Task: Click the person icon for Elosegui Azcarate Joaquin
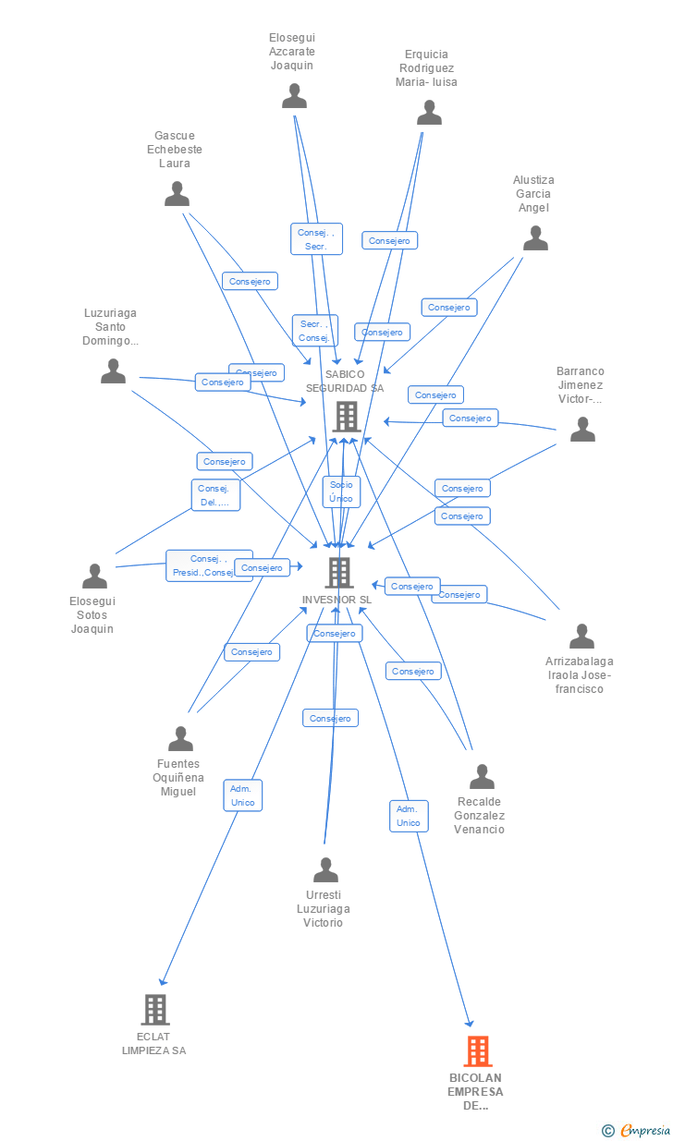pos(294,96)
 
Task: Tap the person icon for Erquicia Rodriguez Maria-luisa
pos(429,113)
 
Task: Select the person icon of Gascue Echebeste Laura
pos(177,194)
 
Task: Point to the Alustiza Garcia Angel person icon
pos(535,238)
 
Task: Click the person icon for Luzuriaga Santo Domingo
pos(113,371)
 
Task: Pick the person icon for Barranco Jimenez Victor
pos(582,430)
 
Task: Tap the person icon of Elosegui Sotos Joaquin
pos(94,577)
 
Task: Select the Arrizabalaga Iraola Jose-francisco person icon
pos(581,637)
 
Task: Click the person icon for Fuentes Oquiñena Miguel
pos(180,739)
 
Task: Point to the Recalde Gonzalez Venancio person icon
pos(482,777)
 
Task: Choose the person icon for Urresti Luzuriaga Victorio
pos(325,870)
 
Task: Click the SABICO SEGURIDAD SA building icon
pos(346,417)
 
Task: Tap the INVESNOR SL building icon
pos(338,573)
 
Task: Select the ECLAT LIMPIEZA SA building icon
pos(155,1010)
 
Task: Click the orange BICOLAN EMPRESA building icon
pos(477,1051)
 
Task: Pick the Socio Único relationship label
pos(341,492)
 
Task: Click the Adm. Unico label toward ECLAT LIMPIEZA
pos(243,795)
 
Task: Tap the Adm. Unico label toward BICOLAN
pos(408,816)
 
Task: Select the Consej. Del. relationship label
pos(215,495)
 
